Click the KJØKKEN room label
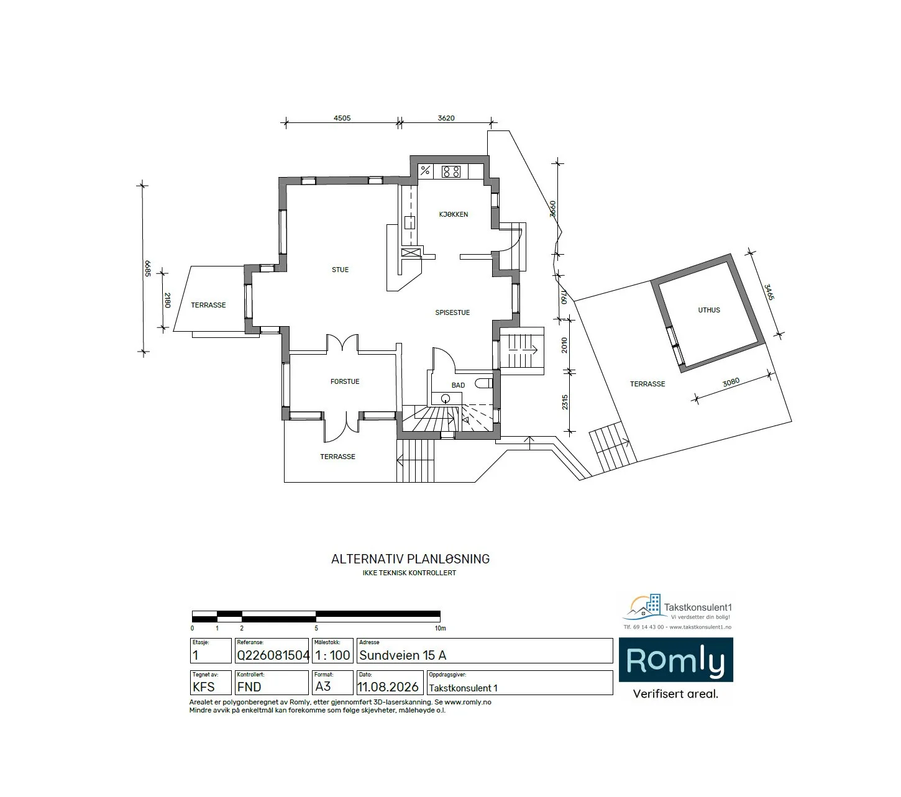pyautogui.click(x=453, y=214)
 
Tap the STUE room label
pyautogui.click(x=341, y=270)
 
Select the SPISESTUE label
pyautogui.click(x=452, y=312)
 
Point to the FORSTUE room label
pyautogui.click(x=345, y=381)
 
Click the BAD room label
pyautogui.click(x=458, y=385)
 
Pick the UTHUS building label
pyautogui.click(x=709, y=310)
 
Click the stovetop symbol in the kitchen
pyautogui.click(x=451, y=171)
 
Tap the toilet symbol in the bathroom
pyautogui.click(x=483, y=383)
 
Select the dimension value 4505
pyautogui.click(x=342, y=118)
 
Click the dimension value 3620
pyautogui.click(x=446, y=118)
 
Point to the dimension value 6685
pyautogui.click(x=148, y=268)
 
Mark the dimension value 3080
pyautogui.click(x=731, y=382)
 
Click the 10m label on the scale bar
pyautogui.click(x=441, y=629)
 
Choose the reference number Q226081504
pyautogui.click(x=273, y=655)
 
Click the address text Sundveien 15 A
pyautogui.click(x=403, y=655)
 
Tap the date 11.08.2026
pyautogui.click(x=388, y=687)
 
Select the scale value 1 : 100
pyautogui.click(x=332, y=655)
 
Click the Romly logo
pyautogui.click(x=675, y=660)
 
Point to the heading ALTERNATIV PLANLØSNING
pyautogui.click(x=410, y=559)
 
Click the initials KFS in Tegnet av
pyautogui.click(x=203, y=687)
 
